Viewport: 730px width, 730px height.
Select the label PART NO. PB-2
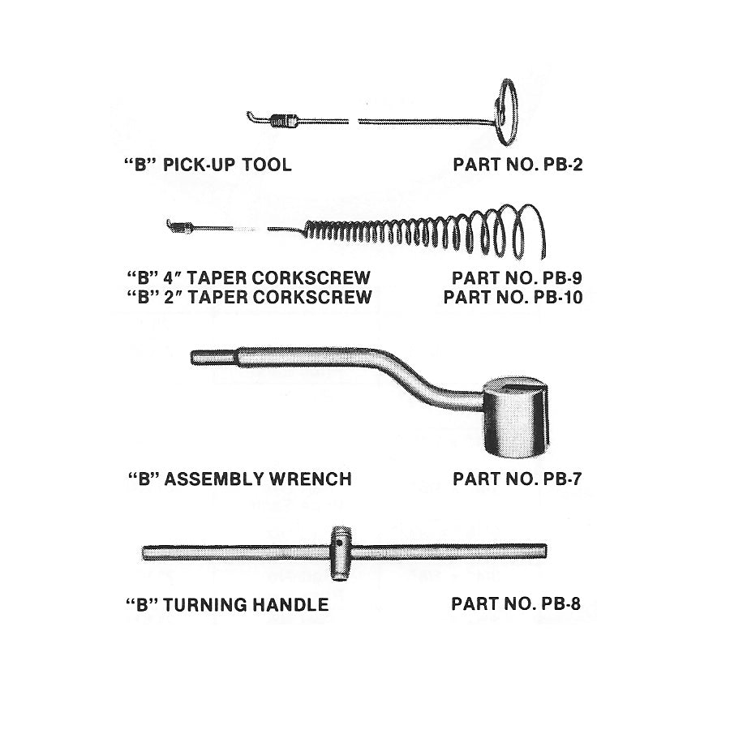point(517,165)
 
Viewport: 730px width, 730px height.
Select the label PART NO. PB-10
point(513,296)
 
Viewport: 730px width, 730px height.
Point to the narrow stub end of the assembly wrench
point(213,357)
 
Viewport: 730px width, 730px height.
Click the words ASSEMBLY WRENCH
point(258,479)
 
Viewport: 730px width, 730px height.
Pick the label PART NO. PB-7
point(517,479)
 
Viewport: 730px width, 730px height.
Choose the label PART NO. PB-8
point(516,604)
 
